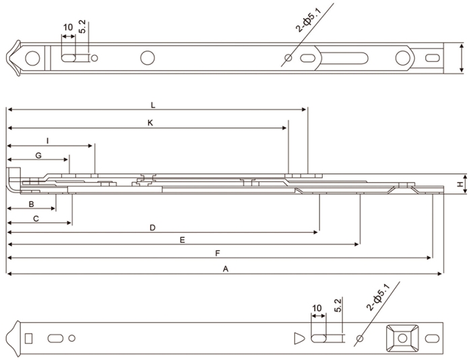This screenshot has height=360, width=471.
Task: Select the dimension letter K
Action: (x=150, y=123)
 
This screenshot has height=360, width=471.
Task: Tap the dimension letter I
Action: (x=47, y=140)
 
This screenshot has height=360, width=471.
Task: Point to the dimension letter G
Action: (x=38, y=156)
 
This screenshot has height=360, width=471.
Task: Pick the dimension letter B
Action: (x=31, y=204)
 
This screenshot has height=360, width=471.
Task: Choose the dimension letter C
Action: (x=36, y=218)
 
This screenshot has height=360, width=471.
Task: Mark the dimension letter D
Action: (x=152, y=229)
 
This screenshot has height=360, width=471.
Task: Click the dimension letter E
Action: (x=182, y=240)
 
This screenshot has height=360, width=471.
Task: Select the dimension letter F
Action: (x=216, y=253)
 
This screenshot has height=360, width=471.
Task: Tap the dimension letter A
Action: (x=226, y=268)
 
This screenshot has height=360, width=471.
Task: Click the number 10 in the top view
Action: (x=67, y=28)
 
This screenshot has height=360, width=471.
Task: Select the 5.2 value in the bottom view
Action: (x=337, y=305)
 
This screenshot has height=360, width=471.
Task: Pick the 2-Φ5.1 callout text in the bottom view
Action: (x=379, y=298)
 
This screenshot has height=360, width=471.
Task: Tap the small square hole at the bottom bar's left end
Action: (x=28, y=337)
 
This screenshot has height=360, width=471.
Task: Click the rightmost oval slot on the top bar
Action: (x=431, y=58)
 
